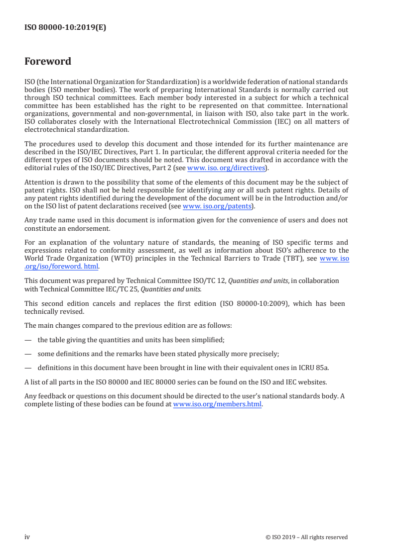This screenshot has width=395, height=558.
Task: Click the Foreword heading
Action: (x=48, y=62)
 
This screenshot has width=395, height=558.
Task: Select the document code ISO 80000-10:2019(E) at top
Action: (x=65, y=28)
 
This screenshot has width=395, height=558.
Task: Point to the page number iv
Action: (x=27, y=537)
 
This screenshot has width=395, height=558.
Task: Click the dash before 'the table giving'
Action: (x=28, y=340)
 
